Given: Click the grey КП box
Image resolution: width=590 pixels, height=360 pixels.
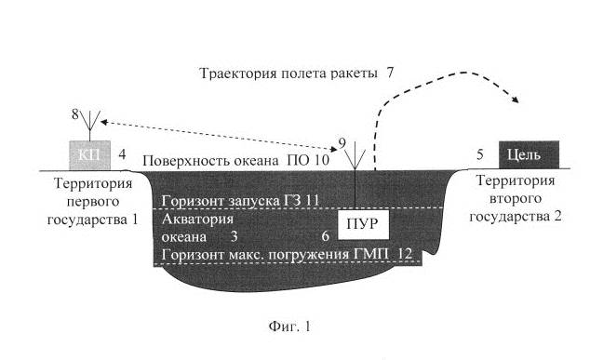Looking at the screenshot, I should click(x=90, y=154).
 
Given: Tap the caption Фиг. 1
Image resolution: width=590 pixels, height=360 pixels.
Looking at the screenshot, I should click(x=294, y=327).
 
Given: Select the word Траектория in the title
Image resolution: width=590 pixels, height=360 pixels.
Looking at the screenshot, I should click(x=240, y=73).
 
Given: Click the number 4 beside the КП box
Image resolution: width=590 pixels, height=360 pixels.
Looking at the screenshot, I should click(x=122, y=153).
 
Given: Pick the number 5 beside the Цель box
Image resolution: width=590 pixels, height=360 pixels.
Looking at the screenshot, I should click(x=480, y=153).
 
